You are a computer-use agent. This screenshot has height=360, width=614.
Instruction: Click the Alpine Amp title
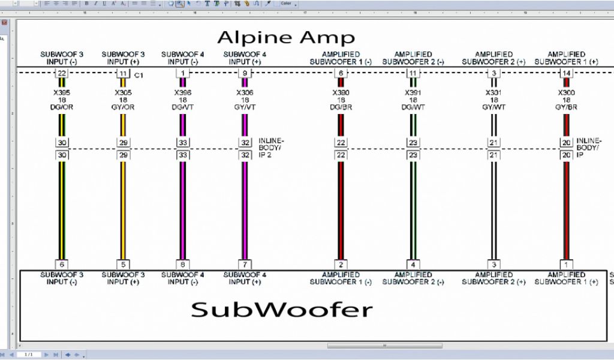(286, 37)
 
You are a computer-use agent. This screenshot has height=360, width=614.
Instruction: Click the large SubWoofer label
(282, 310)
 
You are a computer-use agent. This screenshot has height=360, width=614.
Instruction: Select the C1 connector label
(139, 75)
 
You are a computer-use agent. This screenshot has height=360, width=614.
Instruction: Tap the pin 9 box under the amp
(244, 73)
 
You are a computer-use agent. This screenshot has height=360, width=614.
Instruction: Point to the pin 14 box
(566, 73)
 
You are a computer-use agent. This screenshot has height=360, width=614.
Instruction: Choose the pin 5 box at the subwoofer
(122, 265)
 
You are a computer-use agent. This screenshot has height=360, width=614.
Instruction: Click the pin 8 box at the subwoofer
(183, 265)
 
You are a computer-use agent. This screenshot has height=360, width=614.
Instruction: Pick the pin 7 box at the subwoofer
(244, 265)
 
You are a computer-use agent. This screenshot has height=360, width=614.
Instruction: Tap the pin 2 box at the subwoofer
(341, 265)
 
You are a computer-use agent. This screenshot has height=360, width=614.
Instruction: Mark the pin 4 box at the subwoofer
(413, 265)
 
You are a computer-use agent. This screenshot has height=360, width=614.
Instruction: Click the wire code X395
(62, 93)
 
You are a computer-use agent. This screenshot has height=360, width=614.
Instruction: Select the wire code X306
(244, 93)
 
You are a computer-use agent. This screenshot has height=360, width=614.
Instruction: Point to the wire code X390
(341, 93)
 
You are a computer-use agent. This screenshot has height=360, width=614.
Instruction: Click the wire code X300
(566, 93)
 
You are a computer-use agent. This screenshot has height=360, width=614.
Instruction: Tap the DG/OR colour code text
(62, 107)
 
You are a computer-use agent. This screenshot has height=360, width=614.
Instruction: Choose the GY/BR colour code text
(566, 107)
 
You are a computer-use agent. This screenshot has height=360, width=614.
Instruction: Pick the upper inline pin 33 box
(183, 143)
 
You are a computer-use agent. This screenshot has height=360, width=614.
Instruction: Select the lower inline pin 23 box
(413, 155)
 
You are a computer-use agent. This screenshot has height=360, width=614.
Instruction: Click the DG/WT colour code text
(413, 107)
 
